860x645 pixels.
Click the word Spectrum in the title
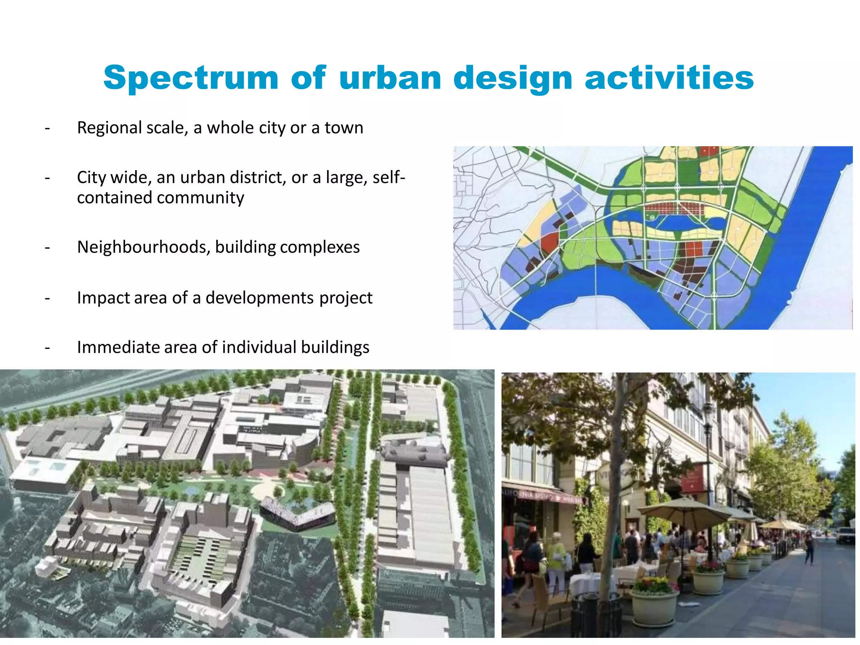[191, 78]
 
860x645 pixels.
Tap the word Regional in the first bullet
[109, 128]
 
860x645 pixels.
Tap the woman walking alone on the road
[809, 548]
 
